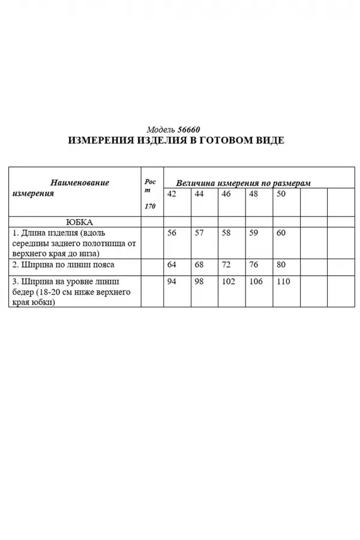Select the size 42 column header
tap(172, 194)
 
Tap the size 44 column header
tap(199, 194)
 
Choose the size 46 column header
tap(226, 194)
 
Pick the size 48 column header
tap(254, 194)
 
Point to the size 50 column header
tap(281, 194)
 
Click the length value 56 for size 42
tap(172, 233)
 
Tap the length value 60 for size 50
tap(281, 233)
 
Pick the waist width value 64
tap(172, 264)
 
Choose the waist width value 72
tap(226, 264)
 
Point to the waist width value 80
tap(281, 264)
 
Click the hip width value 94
tap(172, 281)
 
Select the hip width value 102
tap(229, 281)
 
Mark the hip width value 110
tap(283, 281)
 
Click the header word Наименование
tap(79, 182)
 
